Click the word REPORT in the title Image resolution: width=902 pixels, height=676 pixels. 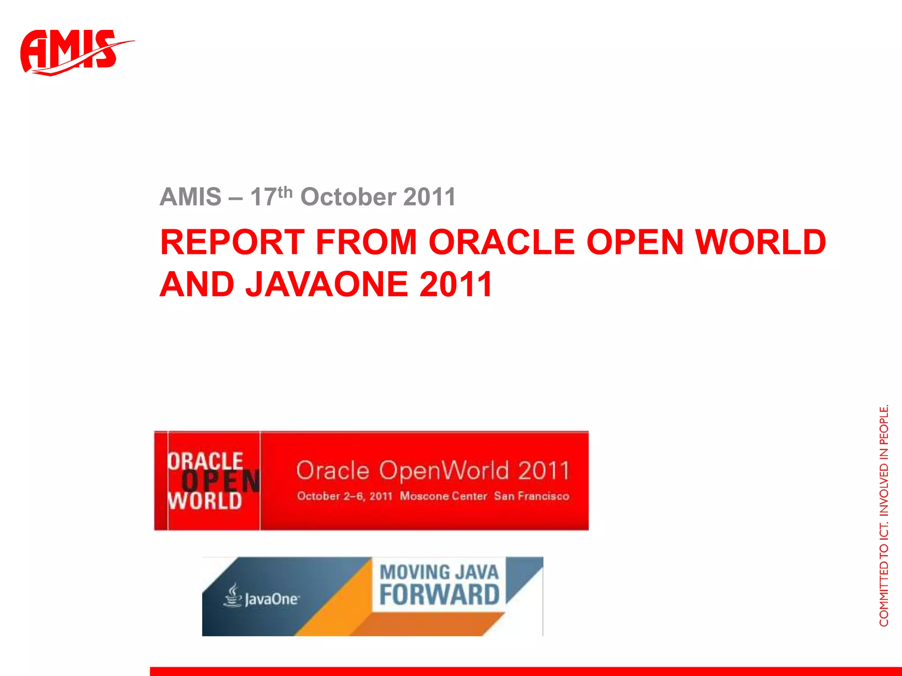[232, 242]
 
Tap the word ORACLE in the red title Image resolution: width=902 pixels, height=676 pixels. [502, 242]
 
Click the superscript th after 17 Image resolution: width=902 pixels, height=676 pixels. [285, 192]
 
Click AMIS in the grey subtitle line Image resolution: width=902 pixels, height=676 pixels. [190, 197]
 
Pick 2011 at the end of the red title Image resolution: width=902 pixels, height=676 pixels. [456, 284]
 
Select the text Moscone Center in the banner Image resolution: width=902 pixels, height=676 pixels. [443, 496]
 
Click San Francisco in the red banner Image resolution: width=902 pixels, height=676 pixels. [531, 496]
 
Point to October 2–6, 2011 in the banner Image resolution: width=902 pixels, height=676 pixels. [344, 496]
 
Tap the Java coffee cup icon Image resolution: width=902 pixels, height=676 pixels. [232, 595]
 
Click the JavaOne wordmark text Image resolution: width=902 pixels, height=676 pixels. [272, 599]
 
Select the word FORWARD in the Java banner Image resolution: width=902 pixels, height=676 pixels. [439, 595]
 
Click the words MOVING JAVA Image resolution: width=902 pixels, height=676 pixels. [439, 572]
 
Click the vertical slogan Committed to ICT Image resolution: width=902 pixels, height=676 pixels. [884, 577]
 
